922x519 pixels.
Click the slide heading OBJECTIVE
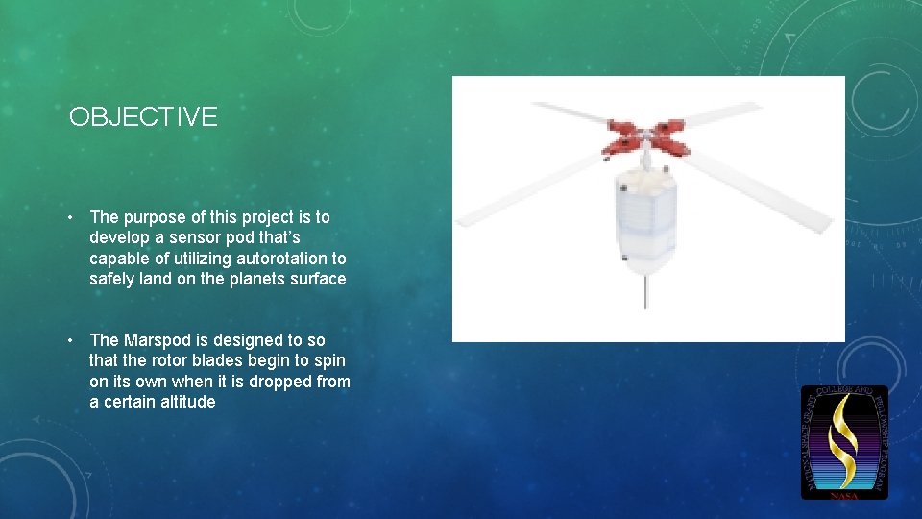tap(143, 117)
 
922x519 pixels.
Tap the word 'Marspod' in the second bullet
tap(155, 340)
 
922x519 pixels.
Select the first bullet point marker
tap(74, 218)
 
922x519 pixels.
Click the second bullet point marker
tap(74, 340)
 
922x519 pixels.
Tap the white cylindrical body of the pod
tap(644, 216)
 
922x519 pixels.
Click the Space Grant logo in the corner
tap(844, 442)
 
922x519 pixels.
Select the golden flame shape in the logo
tap(844, 438)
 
